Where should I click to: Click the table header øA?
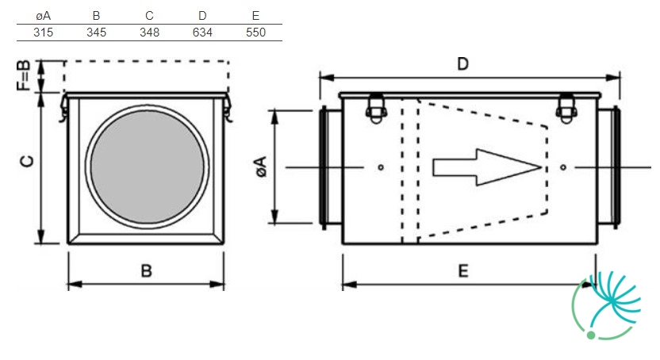44,16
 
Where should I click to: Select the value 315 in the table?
44,33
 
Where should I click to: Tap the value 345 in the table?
97,33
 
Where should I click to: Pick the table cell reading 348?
149,33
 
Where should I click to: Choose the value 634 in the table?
202,33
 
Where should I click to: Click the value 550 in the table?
255,33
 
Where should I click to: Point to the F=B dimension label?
24,75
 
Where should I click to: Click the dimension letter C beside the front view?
27,161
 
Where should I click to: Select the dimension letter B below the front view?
146,270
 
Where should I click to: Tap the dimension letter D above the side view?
462,64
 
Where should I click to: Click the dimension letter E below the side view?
463,270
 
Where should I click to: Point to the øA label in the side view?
261,167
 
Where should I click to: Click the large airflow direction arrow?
487,167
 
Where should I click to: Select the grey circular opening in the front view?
147,167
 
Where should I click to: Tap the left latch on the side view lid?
376,109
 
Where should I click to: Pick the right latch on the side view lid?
566,109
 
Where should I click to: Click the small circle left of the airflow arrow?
381,167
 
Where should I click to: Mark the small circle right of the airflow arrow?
563,167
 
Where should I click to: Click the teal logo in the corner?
606,305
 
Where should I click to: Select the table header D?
202,16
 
